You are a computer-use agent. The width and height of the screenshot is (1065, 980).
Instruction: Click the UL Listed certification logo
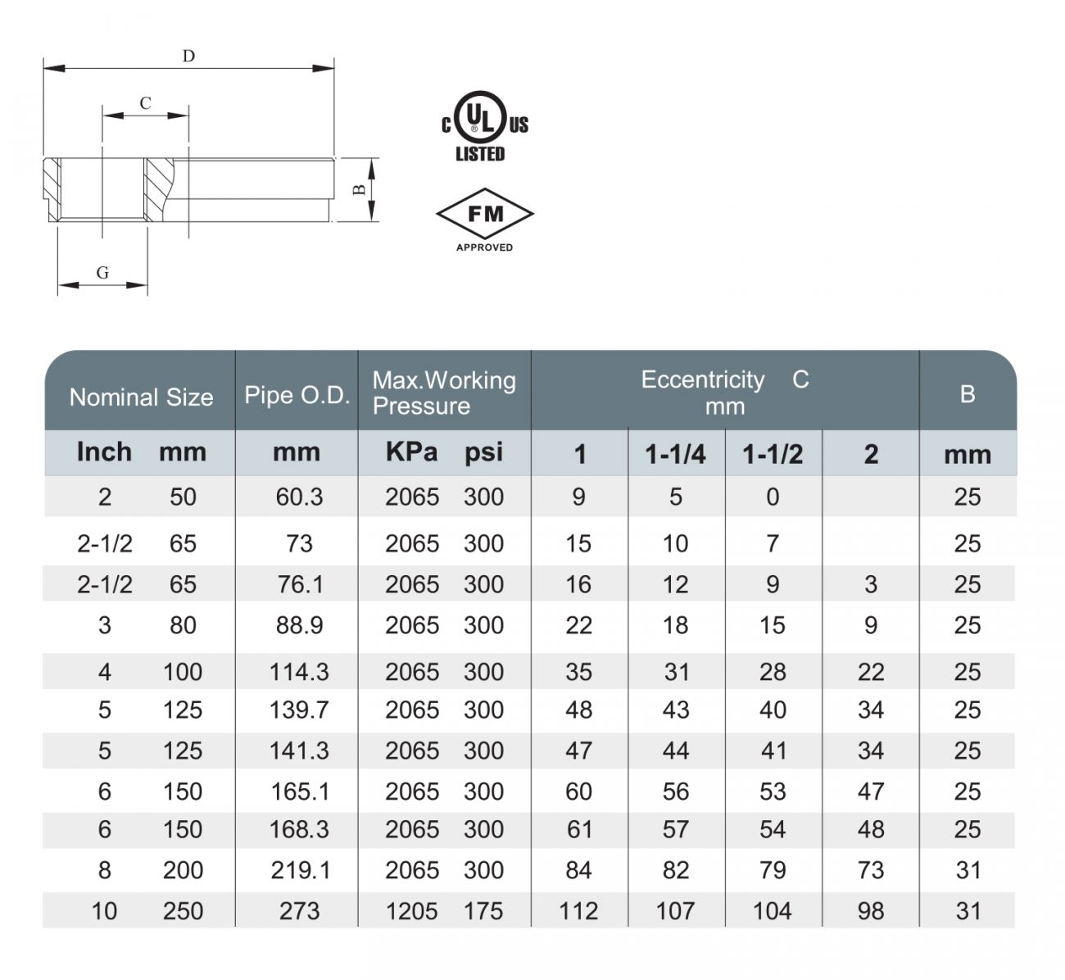click(484, 126)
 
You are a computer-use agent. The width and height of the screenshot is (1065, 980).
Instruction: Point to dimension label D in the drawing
click(188, 57)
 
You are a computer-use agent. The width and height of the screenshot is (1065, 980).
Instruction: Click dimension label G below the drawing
click(102, 273)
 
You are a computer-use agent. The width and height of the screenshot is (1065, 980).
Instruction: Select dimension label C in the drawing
click(145, 103)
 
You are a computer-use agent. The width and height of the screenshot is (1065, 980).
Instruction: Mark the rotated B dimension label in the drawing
click(358, 191)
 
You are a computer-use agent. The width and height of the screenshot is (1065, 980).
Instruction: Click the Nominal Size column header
click(141, 397)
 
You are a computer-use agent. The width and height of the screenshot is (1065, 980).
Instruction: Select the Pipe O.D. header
click(297, 395)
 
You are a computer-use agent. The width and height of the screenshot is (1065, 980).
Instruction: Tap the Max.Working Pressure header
click(444, 392)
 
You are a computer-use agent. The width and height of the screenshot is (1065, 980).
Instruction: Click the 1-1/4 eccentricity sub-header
click(675, 454)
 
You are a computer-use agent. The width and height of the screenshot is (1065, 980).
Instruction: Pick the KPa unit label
click(411, 452)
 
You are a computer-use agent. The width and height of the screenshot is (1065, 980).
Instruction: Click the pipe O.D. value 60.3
click(299, 497)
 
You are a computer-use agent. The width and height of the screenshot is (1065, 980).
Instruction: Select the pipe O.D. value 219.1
click(300, 870)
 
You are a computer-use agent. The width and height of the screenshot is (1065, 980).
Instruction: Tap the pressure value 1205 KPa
click(412, 911)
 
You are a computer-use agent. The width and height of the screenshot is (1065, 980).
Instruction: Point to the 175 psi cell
click(483, 911)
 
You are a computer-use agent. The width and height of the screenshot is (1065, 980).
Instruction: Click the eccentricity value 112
click(578, 911)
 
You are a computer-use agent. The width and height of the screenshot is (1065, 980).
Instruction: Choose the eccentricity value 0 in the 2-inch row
click(773, 497)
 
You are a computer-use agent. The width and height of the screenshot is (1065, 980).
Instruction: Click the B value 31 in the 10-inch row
click(968, 911)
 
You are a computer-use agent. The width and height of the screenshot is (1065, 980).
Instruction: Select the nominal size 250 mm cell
click(183, 911)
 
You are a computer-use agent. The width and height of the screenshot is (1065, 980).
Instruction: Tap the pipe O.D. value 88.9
click(299, 626)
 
